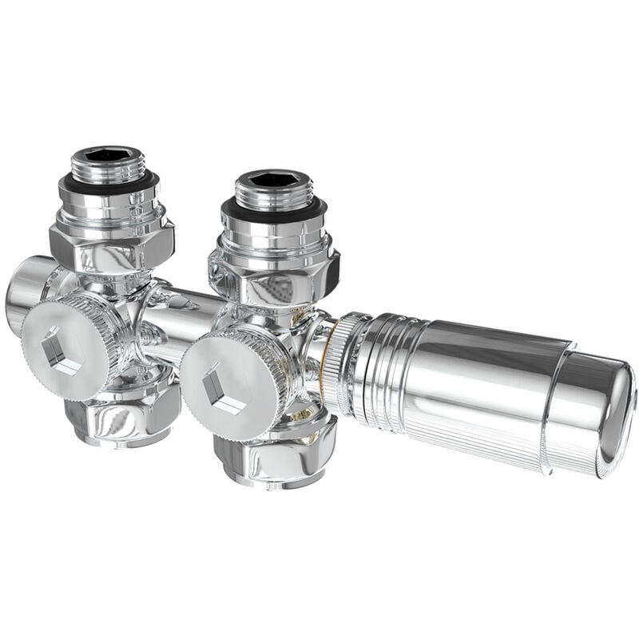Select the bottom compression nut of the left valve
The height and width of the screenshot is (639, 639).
tap(120, 415)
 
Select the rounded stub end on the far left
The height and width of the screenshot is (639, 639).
tap(24, 292)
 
